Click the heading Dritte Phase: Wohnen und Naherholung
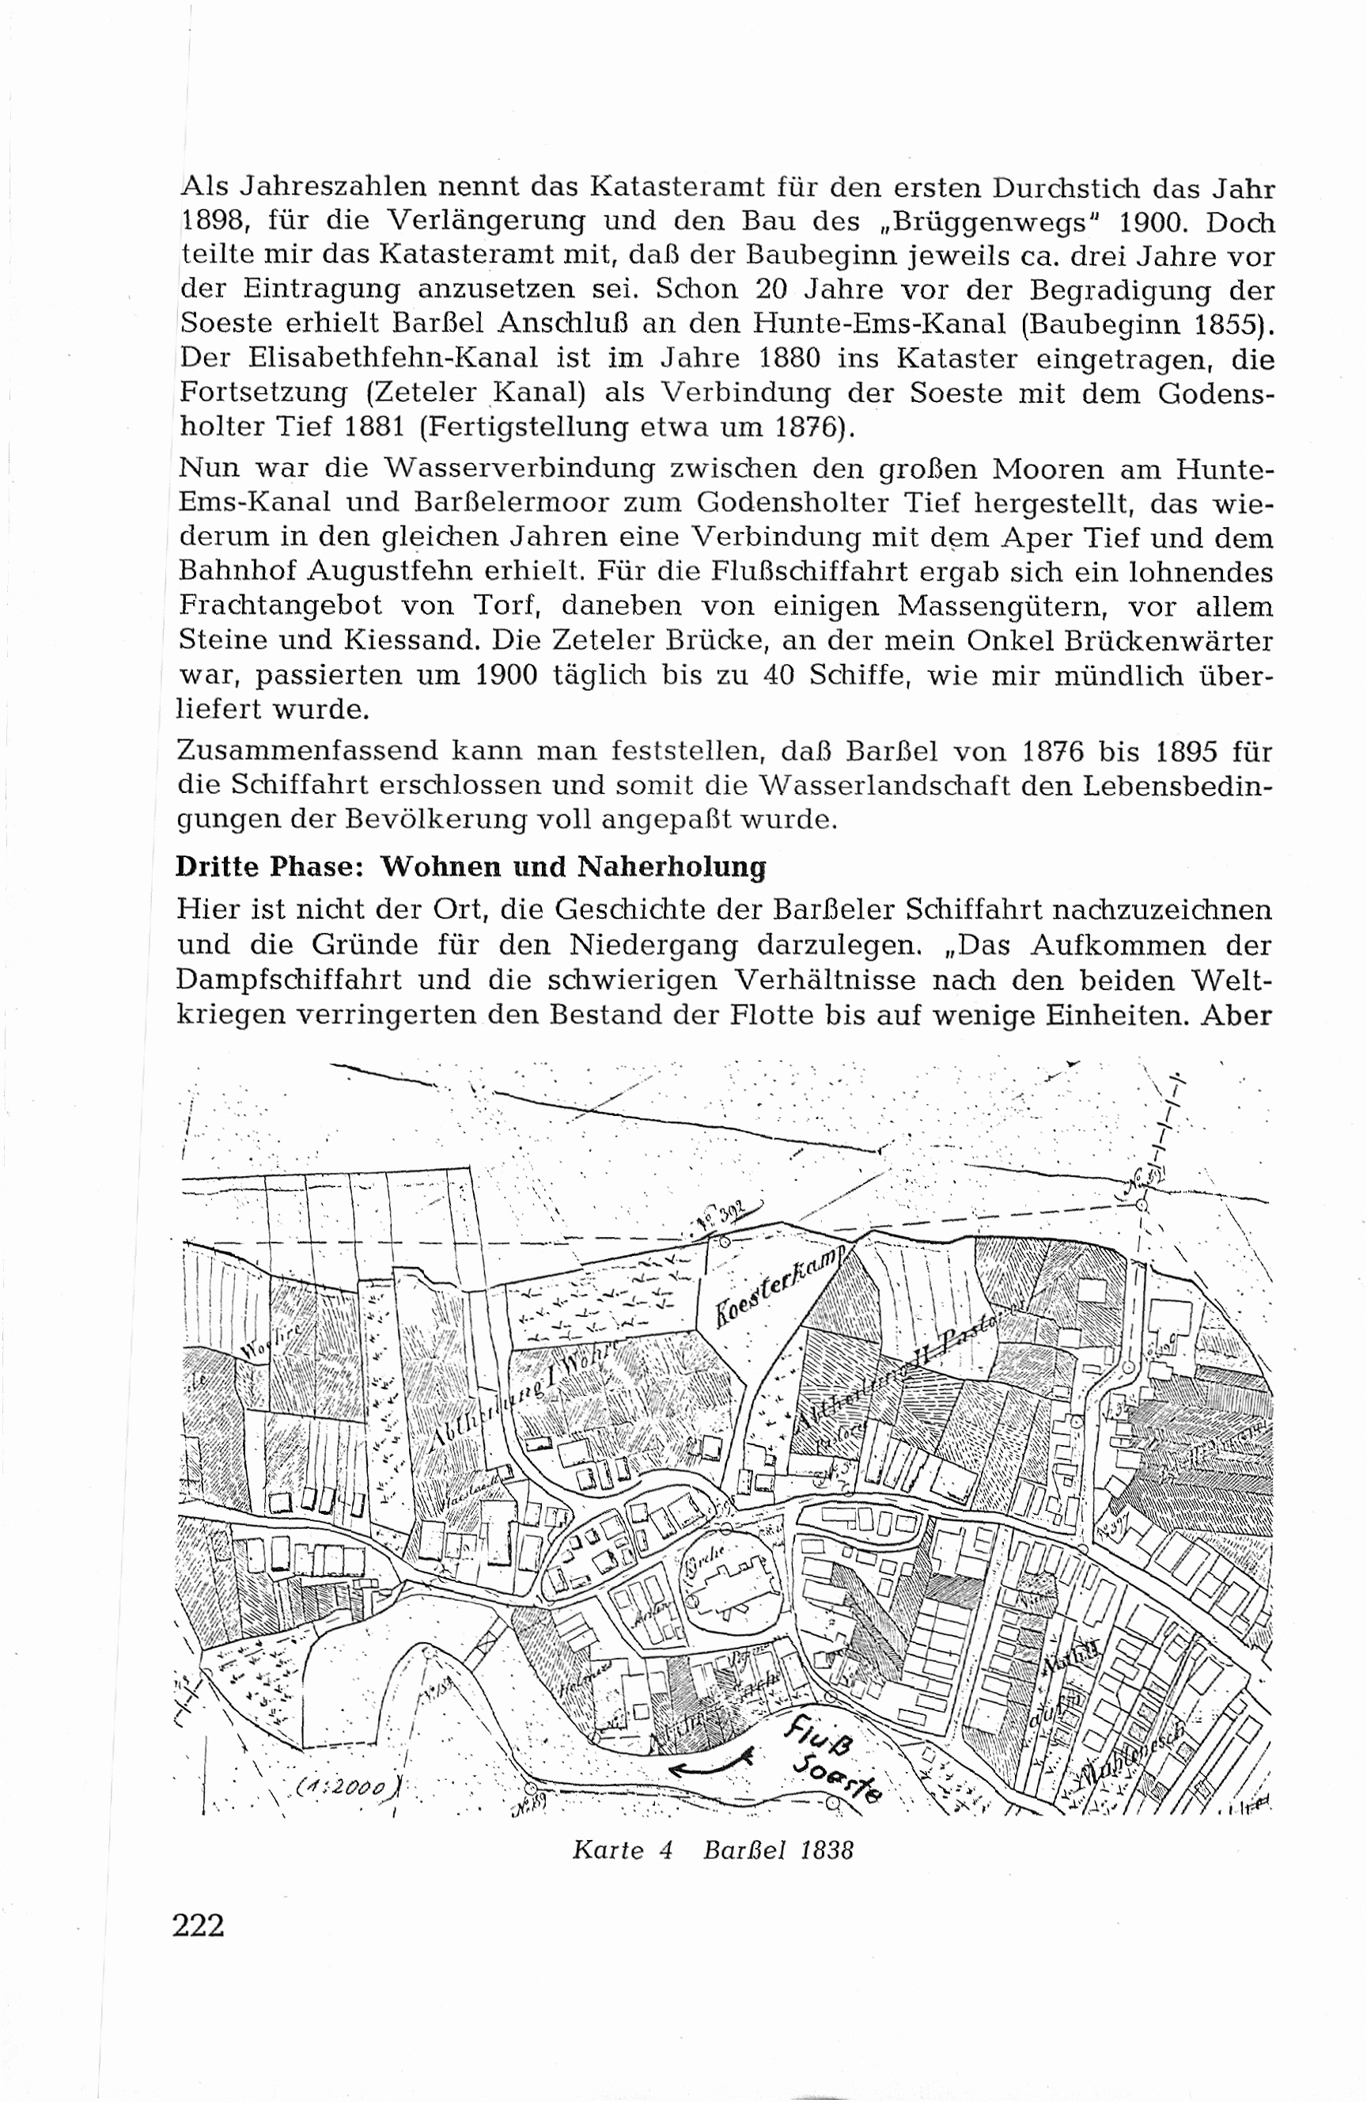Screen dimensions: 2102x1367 [x=471, y=867]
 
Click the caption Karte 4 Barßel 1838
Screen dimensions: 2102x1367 [x=713, y=1850]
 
